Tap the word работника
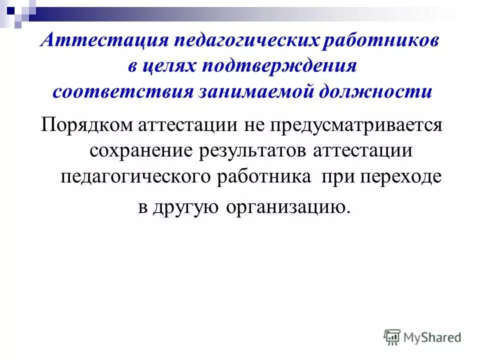263,177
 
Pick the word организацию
285,207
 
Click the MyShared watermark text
432,337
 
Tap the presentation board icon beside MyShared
392,337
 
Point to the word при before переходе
339,177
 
